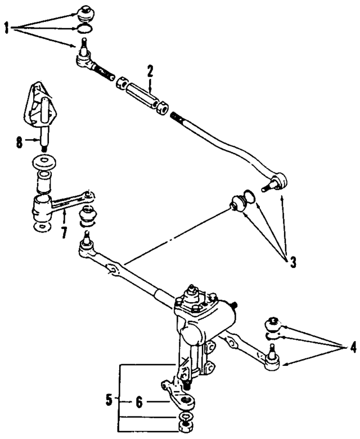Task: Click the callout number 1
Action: (7, 28)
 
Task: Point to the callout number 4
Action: (352, 347)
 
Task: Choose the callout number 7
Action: (64, 232)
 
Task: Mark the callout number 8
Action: (20, 142)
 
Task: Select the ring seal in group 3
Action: (251, 197)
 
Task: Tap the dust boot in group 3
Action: (238, 203)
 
